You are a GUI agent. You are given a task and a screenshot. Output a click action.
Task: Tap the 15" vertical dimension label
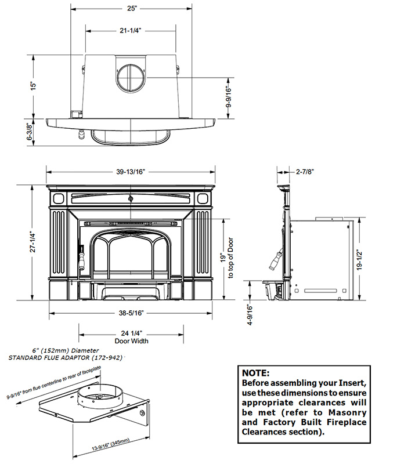[x=34, y=85]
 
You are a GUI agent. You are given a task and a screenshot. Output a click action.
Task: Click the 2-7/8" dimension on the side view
[x=305, y=172]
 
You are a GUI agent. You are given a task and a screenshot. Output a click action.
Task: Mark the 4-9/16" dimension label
[x=249, y=316]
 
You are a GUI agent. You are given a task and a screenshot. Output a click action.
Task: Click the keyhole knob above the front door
[x=131, y=198]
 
